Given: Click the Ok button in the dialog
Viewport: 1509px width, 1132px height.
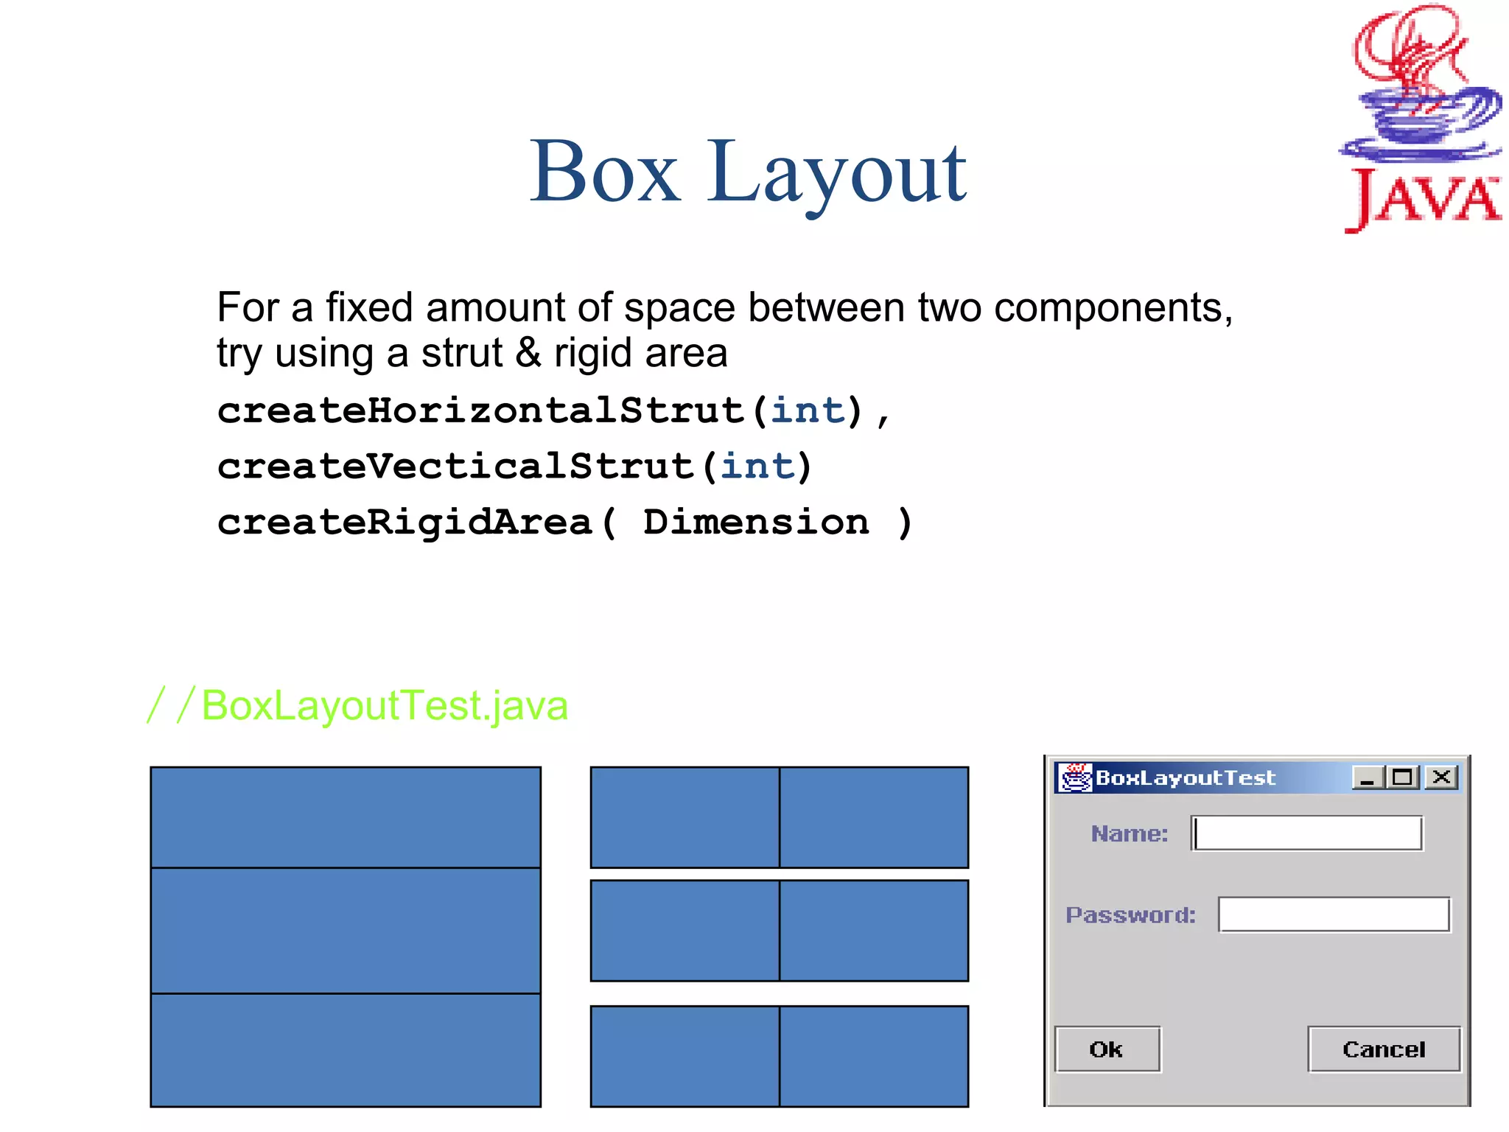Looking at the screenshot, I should (x=1107, y=1049).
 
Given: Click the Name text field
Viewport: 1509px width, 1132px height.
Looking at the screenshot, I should (x=1307, y=834).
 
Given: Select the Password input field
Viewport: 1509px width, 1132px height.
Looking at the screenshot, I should (x=1334, y=915).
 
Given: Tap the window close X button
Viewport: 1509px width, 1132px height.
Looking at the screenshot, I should (x=1441, y=777).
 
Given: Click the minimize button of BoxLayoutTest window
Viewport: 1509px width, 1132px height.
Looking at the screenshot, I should (x=1367, y=778).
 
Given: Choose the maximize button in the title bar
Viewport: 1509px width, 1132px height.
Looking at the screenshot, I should (x=1403, y=777).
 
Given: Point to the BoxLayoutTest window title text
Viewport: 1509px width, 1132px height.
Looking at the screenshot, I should (x=1185, y=778).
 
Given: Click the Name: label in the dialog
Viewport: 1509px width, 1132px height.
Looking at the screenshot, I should (x=1130, y=834).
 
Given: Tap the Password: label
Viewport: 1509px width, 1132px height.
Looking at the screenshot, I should (x=1130, y=915).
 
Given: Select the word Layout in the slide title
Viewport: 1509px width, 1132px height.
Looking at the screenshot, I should (x=837, y=174).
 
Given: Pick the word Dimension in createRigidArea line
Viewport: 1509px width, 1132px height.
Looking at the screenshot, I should (x=755, y=522).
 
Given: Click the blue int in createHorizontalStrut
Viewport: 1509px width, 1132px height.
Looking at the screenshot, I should (x=808, y=410).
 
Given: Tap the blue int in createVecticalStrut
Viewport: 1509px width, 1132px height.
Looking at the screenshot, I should (x=757, y=466).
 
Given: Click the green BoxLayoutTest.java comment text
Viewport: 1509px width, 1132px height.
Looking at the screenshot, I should (x=384, y=705).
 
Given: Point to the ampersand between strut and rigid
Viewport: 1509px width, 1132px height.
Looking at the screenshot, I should (x=528, y=352).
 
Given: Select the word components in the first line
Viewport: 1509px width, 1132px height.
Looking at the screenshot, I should (x=1113, y=308).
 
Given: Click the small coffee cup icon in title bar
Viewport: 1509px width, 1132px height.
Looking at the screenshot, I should (x=1074, y=778).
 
